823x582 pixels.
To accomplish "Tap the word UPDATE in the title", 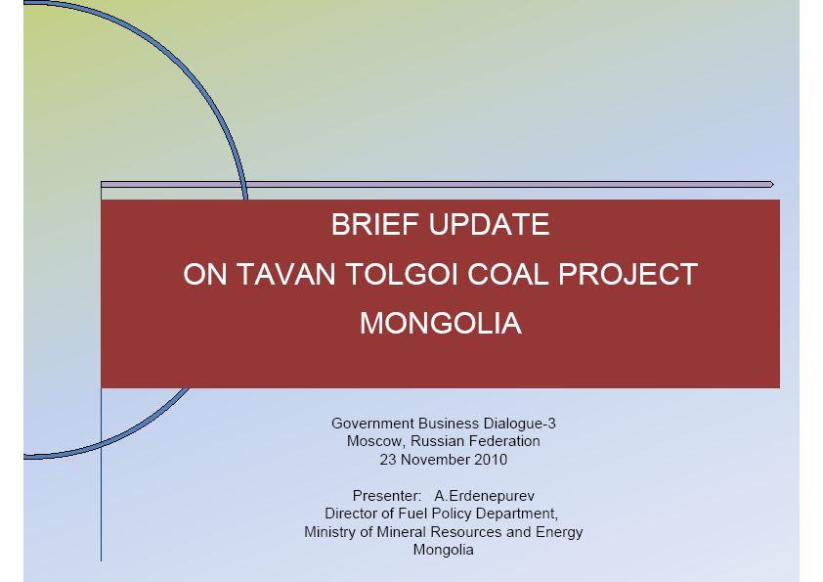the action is pyautogui.click(x=489, y=225).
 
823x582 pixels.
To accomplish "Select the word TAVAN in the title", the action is pyautogui.click(x=286, y=274).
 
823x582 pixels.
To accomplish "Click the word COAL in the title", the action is pyautogui.click(x=507, y=274).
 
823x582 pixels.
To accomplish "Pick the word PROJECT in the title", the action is pyautogui.click(x=628, y=274).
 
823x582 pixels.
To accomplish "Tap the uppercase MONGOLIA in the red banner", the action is pyautogui.click(x=441, y=323).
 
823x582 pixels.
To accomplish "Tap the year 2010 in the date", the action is pyautogui.click(x=491, y=460).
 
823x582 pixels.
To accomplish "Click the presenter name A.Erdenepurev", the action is pyautogui.click(x=485, y=496).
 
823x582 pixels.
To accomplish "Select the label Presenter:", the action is pyautogui.click(x=387, y=496).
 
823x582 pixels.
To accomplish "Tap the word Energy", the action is pyautogui.click(x=559, y=532).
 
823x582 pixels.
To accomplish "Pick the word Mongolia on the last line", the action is pyautogui.click(x=444, y=550).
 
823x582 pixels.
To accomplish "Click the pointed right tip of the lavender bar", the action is pyautogui.click(x=774, y=184).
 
